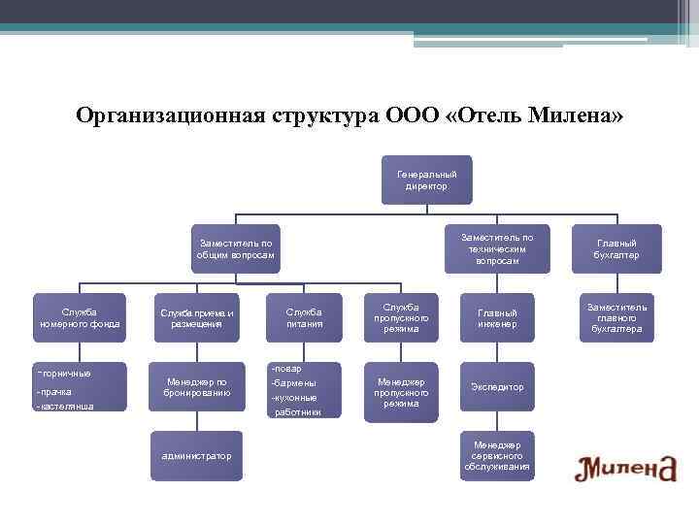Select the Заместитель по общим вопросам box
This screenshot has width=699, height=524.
[x=236, y=249]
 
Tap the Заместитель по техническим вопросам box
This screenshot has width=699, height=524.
[x=497, y=249]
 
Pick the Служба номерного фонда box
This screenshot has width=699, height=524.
[x=79, y=317]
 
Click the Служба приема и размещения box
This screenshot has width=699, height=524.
[x=197, y=317]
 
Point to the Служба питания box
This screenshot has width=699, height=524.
[x=304, y=317]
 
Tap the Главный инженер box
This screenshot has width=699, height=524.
[x=497, y=317]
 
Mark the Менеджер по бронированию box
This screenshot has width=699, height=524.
[x=197, y=387]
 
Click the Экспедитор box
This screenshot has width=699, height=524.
[x=497, y=387]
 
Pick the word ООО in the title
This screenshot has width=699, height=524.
[x=411, y=116]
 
